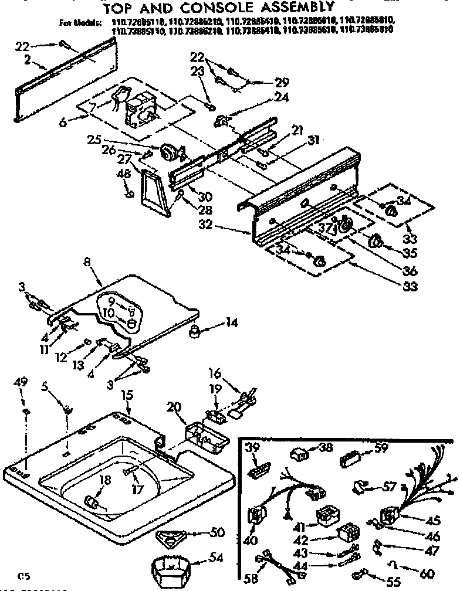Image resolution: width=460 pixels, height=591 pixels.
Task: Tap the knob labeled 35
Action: [x=373, y=240]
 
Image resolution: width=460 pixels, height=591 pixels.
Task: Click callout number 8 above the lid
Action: [x=87, y=264]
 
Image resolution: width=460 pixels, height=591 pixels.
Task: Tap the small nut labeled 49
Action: [x=25, y=413]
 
